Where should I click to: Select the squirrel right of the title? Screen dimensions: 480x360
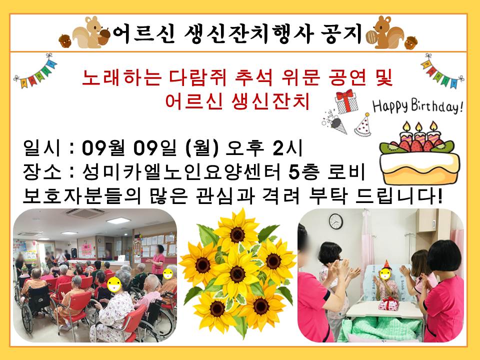click(x=385, y=32)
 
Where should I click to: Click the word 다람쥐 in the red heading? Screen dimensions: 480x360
click(x=197, y=78)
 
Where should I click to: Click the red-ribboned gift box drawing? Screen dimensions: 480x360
click(x=346, y=101)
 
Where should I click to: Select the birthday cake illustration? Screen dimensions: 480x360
click(x=419, y=153)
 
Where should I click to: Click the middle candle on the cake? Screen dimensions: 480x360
click(x=418, y=134)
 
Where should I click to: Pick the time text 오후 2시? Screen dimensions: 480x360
click(x=264, y=148)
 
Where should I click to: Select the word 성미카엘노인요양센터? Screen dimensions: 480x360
click(x=181, y=172)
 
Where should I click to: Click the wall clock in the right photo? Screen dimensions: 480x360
click(x=336, y=221)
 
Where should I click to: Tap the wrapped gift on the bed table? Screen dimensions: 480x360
click(x=389, y=303)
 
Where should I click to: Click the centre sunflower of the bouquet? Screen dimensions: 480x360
click(x=237, y=273)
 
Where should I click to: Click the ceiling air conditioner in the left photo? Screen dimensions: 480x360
click(x=84, y=213)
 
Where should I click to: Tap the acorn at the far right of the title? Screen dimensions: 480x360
click(x=411, y=43)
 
